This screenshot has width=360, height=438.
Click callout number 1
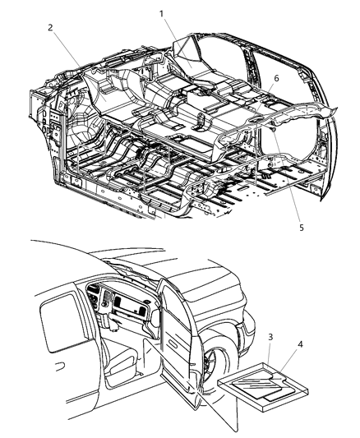click(162, 14)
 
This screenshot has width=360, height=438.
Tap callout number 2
click(50, 27)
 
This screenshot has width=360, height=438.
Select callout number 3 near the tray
click(271, 337)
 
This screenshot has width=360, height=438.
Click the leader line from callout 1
click(177, 35)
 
